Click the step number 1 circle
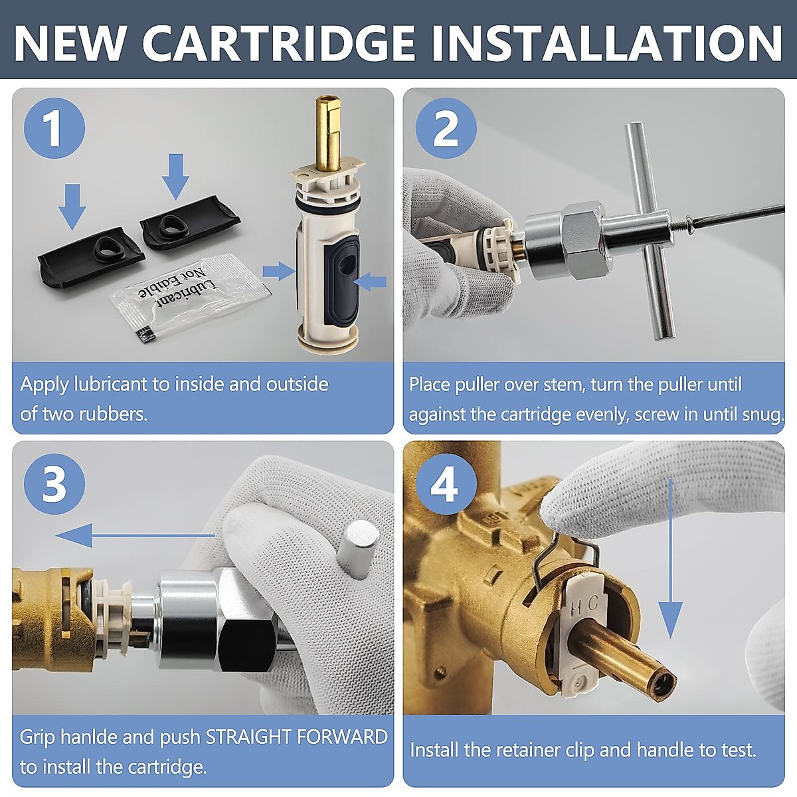(x=54, y=128)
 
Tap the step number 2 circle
(x=446, y=128)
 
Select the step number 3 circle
(x=54, y=484)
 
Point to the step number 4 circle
(x=446, y=484)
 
